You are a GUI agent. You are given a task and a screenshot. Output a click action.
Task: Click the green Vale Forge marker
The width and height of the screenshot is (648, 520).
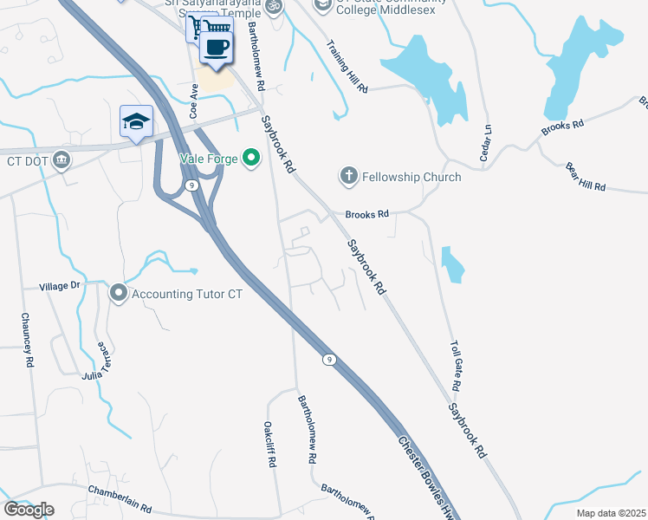[251, 158]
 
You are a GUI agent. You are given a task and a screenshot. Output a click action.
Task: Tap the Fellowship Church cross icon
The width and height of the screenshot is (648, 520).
[348, 177]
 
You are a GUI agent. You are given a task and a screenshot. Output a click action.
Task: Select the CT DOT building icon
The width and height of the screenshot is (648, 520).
[61, 160]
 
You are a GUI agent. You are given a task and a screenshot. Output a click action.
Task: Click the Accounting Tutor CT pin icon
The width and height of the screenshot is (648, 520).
[119, 294]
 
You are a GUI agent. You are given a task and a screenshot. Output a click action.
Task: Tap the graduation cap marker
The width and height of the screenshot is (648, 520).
[137, 122]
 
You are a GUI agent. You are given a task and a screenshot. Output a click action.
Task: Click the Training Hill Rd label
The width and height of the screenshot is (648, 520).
[348, 65]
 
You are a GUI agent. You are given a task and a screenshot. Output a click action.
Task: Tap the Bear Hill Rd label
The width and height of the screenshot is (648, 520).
[585, 176]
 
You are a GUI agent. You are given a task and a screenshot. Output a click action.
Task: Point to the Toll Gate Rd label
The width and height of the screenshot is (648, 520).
[457, 364]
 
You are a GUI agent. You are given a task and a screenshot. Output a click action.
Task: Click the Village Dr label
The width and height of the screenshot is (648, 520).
[60, 285]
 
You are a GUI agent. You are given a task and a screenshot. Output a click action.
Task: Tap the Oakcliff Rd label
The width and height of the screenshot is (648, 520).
[269, 445]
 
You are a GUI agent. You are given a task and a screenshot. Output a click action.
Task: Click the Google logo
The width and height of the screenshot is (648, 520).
[29, 510]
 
